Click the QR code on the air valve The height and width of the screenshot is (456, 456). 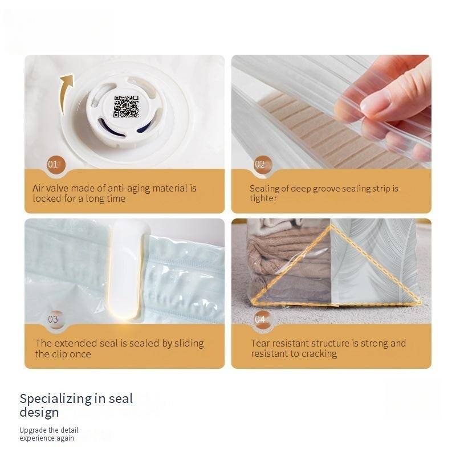pos(126,107)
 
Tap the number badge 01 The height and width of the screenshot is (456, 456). pos(54,165)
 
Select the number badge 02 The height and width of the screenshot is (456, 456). pos(260,165)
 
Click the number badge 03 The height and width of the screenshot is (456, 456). pos(53,319)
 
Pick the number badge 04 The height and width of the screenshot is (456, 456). pos(260,319)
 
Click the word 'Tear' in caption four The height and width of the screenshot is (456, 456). pos(261,343)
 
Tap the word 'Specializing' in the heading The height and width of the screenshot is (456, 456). pos(56,398)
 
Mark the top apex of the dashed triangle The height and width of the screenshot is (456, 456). pos(329,226)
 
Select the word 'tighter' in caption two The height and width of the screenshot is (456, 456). pos(263,198)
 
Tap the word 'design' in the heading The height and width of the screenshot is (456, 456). pos(39,412)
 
